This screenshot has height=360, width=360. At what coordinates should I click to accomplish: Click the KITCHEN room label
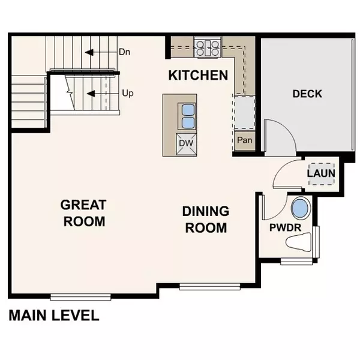click(197, 75)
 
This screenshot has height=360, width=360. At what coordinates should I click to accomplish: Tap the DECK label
click(307, 94)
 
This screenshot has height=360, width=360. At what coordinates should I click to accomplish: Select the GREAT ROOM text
click(83, 212)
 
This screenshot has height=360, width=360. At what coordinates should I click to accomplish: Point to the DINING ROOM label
click(206, 219)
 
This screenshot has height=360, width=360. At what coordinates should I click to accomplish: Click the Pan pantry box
click(244, 140)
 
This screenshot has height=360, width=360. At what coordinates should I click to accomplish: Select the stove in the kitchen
click(208, 47)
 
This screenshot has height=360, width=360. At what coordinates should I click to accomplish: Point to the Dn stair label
click(124, 52)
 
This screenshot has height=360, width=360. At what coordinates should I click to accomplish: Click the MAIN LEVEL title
click(53, 316)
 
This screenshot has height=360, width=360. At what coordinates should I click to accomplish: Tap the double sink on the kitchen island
click(187, 116)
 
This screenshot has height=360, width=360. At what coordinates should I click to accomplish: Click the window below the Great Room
click(80, 296)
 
